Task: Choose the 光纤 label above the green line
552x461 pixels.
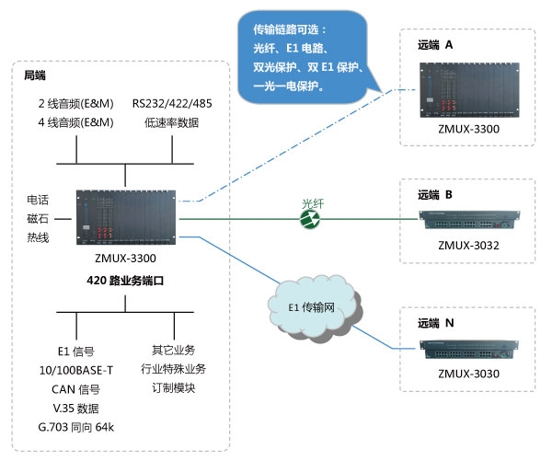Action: point(315,202)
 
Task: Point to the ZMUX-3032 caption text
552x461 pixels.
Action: point(468,246)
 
